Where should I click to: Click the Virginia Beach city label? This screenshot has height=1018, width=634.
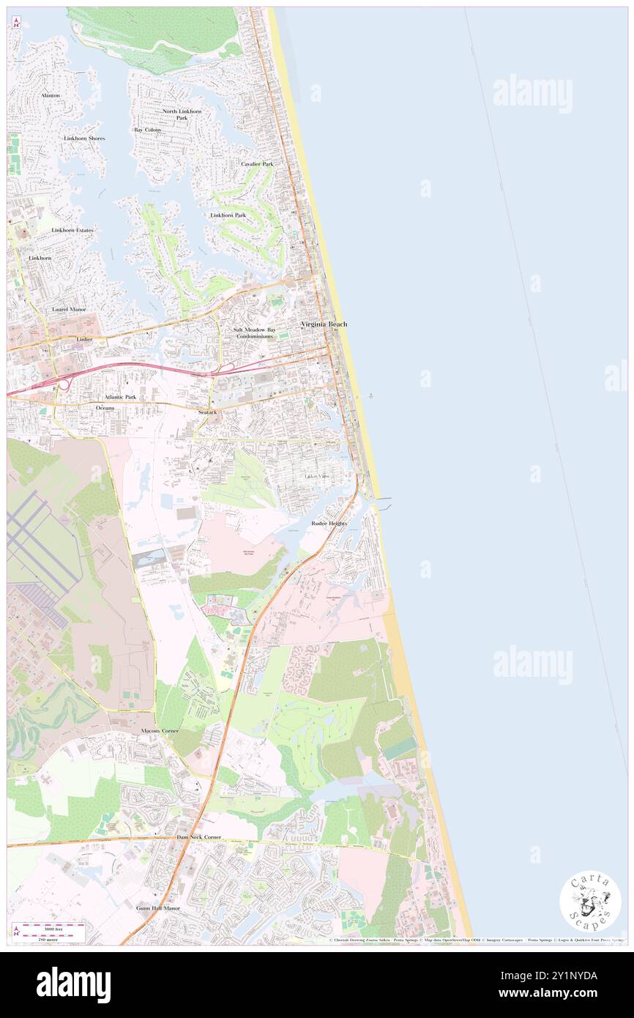[323, 324]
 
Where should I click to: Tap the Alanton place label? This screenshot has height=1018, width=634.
[51, 96]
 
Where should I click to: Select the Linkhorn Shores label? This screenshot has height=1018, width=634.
[84, 138]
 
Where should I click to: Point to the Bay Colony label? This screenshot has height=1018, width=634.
[147, 130]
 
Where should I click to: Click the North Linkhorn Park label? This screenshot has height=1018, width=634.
[180, 114]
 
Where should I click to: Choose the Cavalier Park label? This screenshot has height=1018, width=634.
[257, 164]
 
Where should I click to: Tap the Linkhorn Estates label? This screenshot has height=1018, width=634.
[72, 231]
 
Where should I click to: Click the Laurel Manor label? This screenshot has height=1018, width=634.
[69, 310]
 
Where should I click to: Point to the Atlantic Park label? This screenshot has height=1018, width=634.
[120, 397]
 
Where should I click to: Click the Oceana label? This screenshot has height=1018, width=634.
[105, 407]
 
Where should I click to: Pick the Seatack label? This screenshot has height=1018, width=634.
[207, 413]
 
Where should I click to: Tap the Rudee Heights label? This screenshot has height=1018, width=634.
[329, 524]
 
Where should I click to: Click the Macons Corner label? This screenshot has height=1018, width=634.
[160, 731]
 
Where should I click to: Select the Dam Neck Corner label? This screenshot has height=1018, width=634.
[198, 836]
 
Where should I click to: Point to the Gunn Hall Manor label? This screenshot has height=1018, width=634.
[157, 908]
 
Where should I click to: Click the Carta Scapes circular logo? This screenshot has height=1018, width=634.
[590, 903]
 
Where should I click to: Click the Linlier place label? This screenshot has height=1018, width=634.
[84, 341]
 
